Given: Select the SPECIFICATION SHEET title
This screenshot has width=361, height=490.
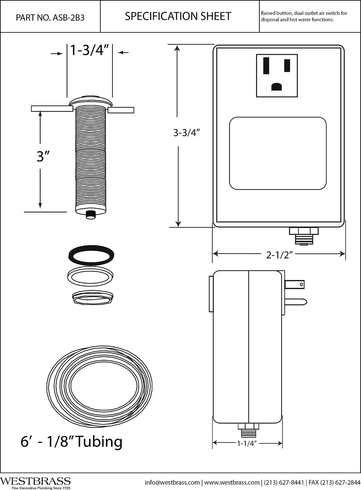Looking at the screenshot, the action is (x=178, y=16).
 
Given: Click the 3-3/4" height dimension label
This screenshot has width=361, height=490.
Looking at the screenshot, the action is (x=187, y=133).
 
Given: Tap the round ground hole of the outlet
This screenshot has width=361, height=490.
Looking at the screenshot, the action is (x=277, y=86).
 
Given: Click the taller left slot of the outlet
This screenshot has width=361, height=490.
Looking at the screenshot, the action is (x=266, y=66).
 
